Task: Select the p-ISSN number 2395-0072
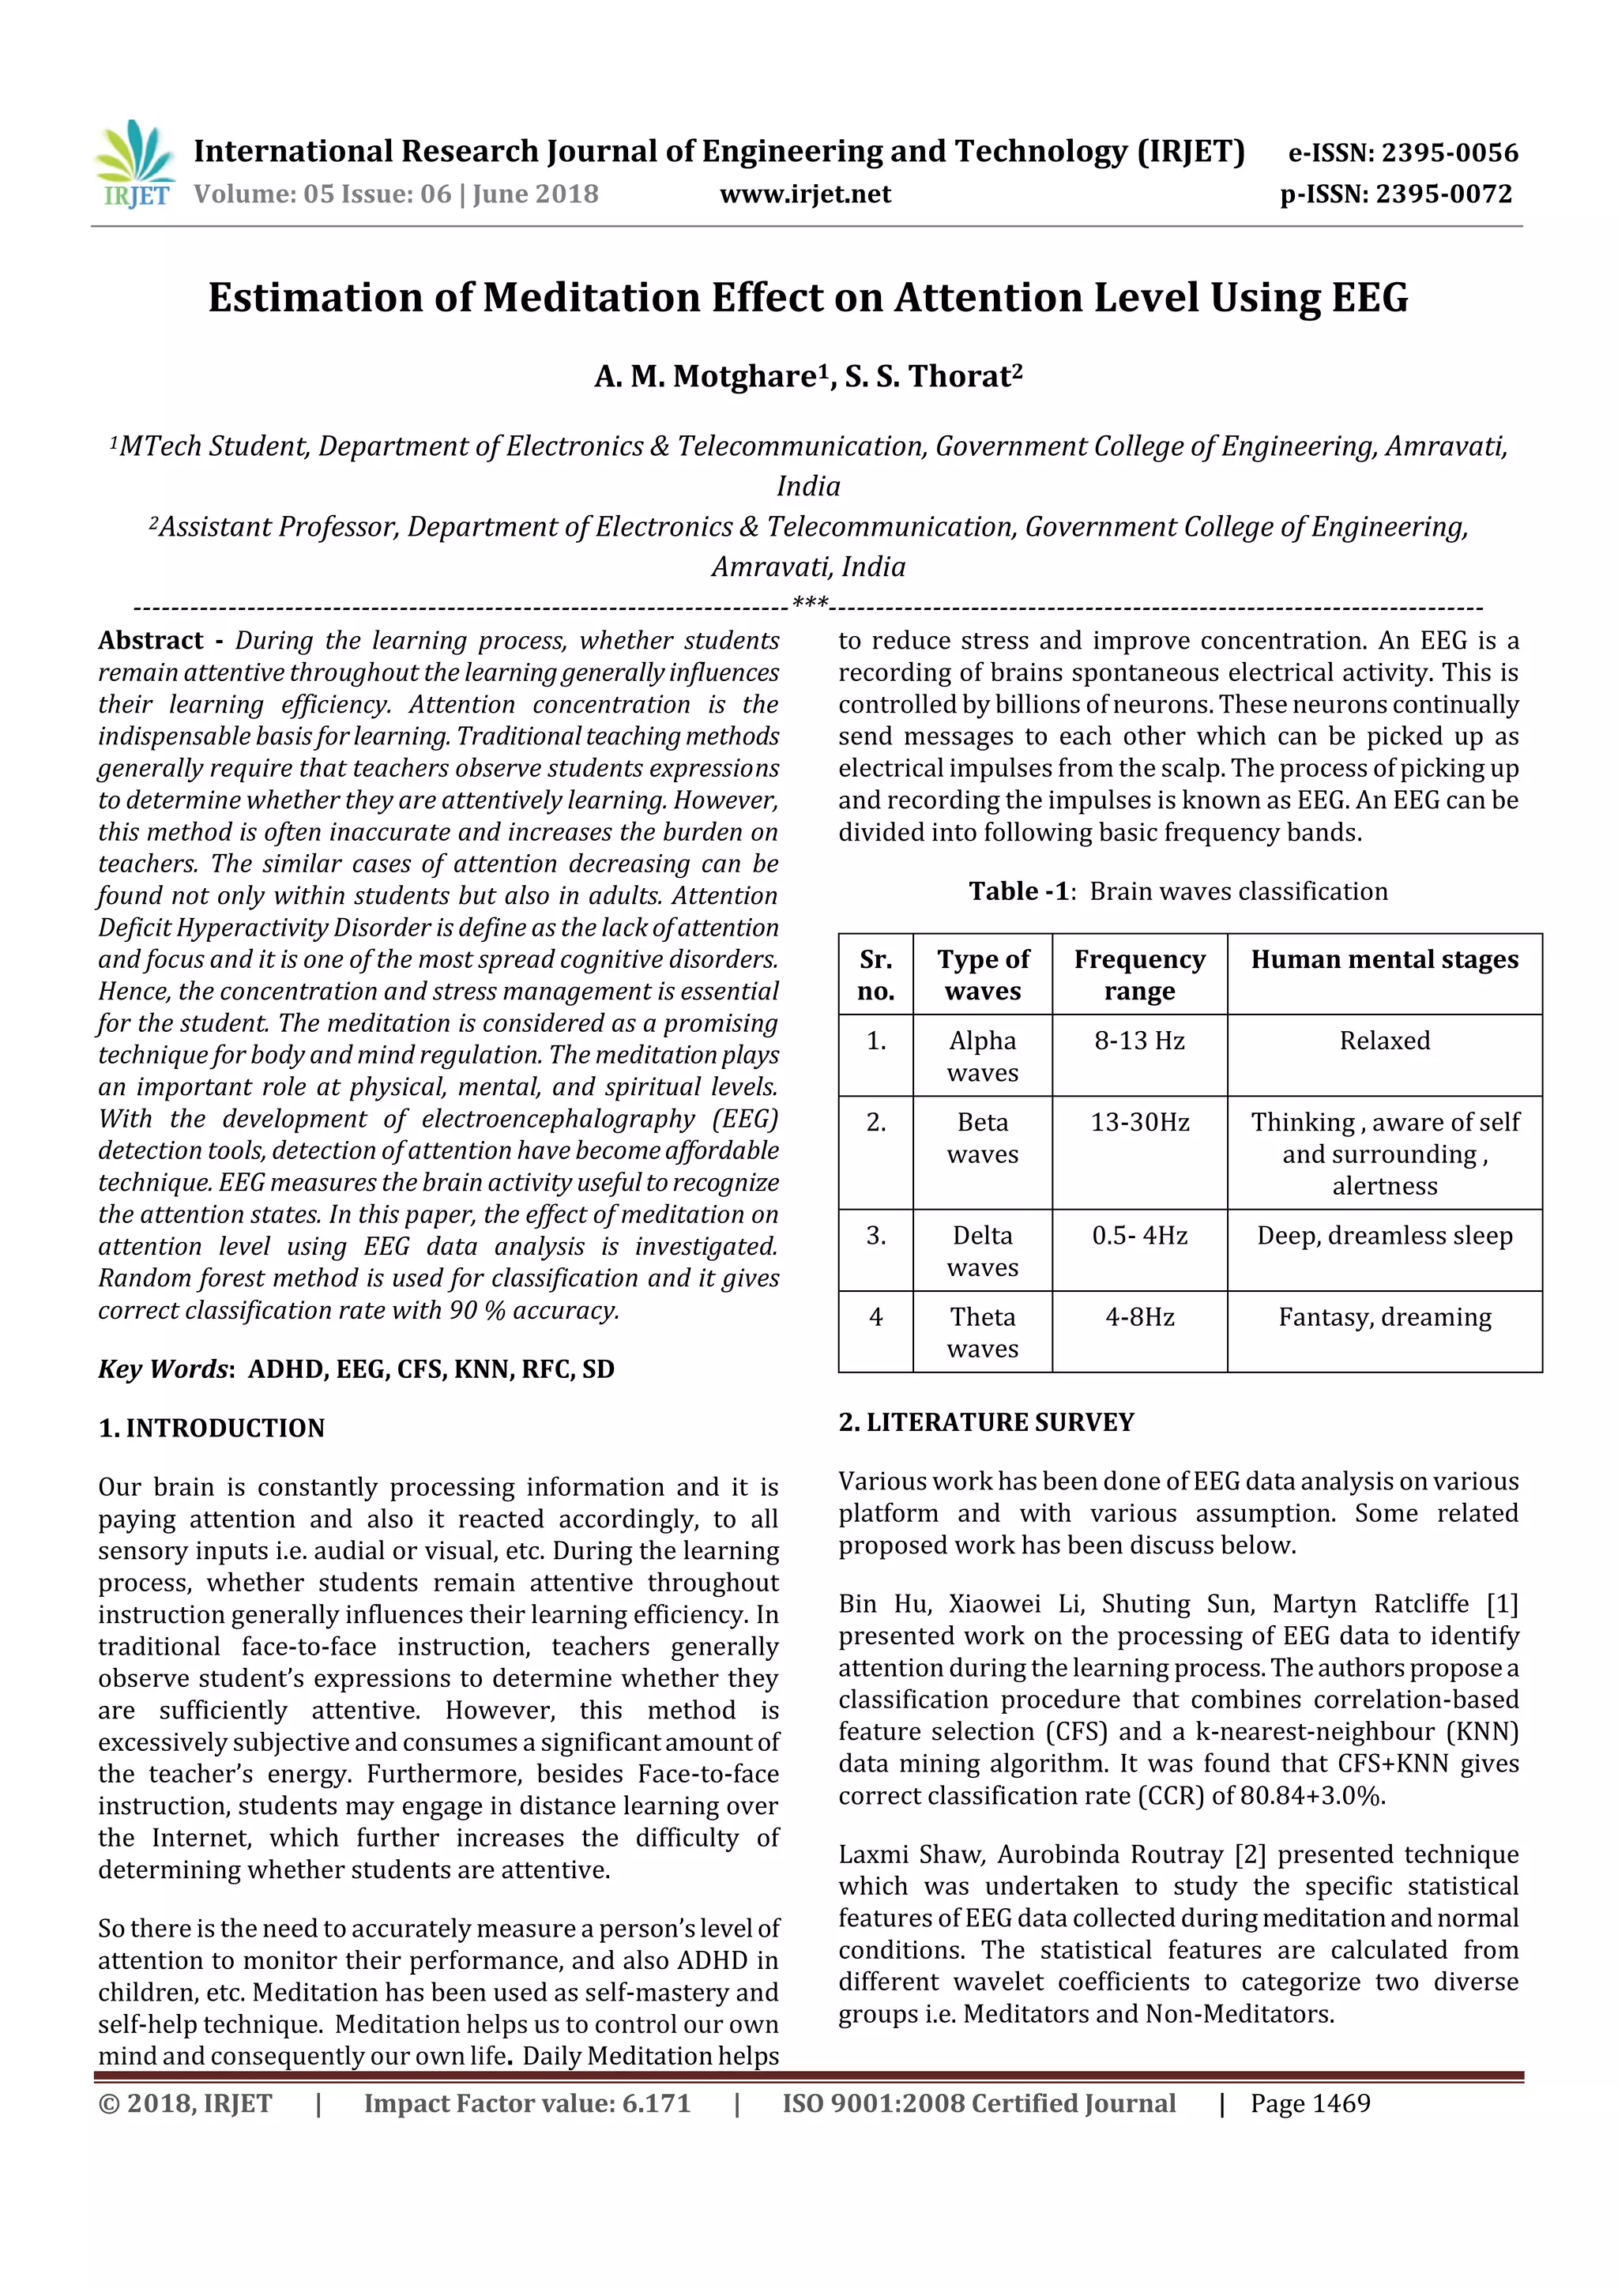1443,194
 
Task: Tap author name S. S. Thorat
933,377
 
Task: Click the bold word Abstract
151,640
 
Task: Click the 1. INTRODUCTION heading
212,1428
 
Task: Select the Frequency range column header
1138,974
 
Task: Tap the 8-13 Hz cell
1138,1041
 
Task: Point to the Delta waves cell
982,1252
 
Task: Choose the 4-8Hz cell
1138,1317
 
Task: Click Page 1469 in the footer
1310,2103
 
